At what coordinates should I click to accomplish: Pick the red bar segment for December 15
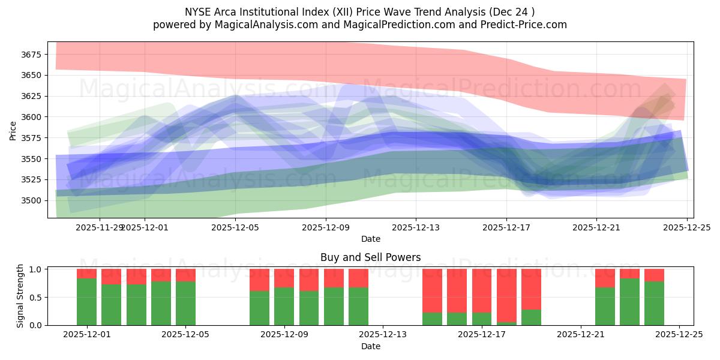coord(432,290)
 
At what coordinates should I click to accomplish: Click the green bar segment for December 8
coord(259,308)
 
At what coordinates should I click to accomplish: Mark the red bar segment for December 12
coord(358,278)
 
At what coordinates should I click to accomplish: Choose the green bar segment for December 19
coord(531,317)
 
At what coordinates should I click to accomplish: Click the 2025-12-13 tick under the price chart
coord(416,227)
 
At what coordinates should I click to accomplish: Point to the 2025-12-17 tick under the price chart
coord(506,227)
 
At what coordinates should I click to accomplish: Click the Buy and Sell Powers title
coord(370,257)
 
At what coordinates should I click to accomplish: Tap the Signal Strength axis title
coord(20,295)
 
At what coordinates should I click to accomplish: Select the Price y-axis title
coord(13,130)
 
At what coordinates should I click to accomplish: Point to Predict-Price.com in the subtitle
coord(525,25)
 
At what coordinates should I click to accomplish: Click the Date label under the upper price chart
coord(370,239)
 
